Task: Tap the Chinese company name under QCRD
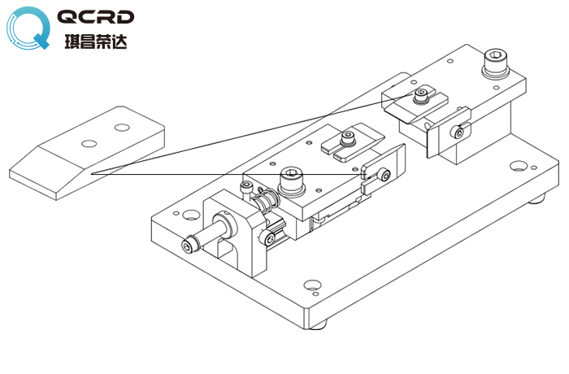pyautogui.click(x=96, y=40)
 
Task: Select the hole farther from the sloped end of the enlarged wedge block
pyautogui.click(x=123, y=127)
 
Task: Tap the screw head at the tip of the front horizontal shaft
pyautogui.click(x=189, y=246)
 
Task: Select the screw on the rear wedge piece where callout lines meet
pyautogui.click(x=420, y=96)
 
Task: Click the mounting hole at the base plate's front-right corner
pyautogui.click(x=311, y=285)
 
